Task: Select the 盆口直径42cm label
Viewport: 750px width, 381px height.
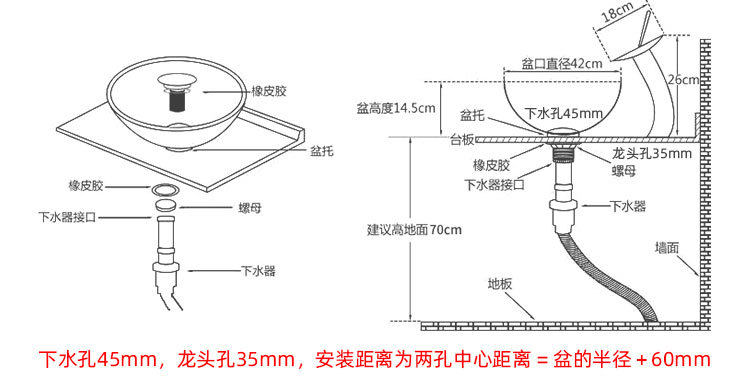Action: [x=562, y=63]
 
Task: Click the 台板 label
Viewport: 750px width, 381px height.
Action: [x=462, y=139]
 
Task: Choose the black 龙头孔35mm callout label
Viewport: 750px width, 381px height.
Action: [x=651, y=154]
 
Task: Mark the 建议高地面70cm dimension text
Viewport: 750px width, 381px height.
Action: [x=414, y=230]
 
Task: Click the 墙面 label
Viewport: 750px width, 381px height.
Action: [x=667, y=246]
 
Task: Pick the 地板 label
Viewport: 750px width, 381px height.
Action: [x=500, y=283]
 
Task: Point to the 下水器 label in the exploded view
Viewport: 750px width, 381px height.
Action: [x=257, y=270]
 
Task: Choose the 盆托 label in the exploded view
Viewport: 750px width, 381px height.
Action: [x=321, y=150]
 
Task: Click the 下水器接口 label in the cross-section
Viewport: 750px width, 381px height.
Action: [x=493, y=184]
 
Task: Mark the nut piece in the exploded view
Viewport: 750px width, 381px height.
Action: [x=165, y=207]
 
